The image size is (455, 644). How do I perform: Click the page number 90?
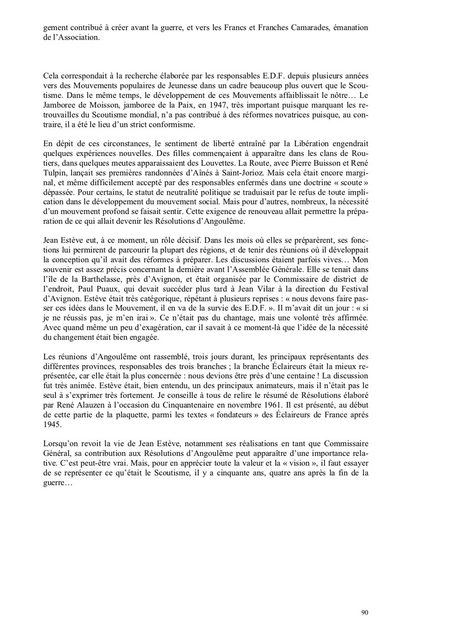(x=365, y=613)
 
